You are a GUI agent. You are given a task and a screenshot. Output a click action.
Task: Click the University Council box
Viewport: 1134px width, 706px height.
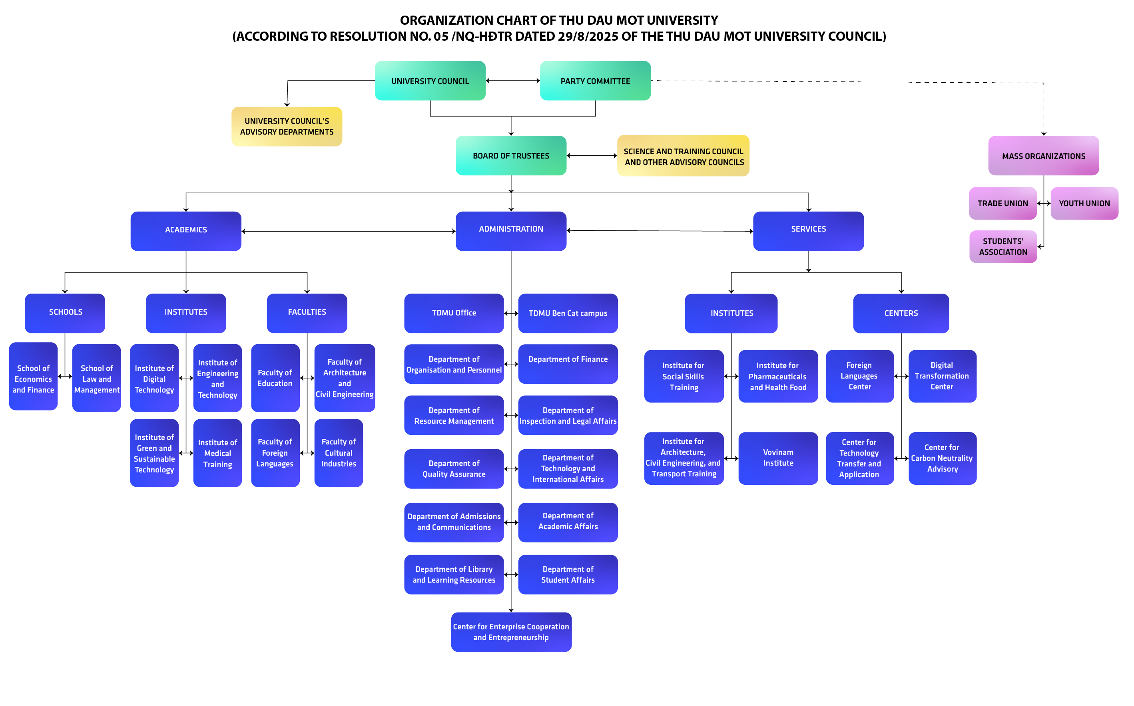click(x=430, y=81)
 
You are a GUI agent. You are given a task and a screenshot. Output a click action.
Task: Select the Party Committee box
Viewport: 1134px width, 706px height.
click(x=595, y=81)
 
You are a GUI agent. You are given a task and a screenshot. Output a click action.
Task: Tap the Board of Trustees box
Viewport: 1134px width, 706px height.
click(x=511, y=155)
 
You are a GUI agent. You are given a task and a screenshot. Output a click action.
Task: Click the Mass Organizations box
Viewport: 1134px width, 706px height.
click(x=1043, y=156)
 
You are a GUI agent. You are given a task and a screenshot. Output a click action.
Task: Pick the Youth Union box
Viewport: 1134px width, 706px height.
click(x=1084, y=203)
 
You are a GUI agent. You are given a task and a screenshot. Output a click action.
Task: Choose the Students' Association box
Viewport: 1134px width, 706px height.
click(x=1003, y=246)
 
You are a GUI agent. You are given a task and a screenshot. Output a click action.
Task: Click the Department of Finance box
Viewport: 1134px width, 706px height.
click(x=568, y=364)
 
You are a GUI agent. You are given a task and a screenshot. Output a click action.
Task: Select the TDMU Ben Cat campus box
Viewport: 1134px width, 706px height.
click(x=568, y=313)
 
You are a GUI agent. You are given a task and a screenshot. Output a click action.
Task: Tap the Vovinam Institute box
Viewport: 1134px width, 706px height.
click(x=778, y=458)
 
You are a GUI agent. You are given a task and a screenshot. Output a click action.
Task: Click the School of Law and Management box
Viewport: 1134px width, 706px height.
click(x=96, y=378)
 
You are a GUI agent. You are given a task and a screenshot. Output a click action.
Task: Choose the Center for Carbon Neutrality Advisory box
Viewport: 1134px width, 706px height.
click(x=942, y=458)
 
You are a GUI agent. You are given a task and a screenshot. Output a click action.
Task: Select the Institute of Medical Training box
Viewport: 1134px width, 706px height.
click(x=217, y=453)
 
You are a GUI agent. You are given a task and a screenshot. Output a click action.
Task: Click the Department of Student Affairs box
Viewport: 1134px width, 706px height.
click(x=568, y=574)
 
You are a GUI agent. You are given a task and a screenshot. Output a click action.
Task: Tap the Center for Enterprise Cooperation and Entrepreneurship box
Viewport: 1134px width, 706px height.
click(x=511, y=632)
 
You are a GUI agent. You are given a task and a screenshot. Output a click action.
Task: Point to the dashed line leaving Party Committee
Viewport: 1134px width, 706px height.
click(x=841, y=82)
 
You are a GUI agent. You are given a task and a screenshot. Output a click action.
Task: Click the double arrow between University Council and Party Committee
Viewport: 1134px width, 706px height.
click(x=512, y=81)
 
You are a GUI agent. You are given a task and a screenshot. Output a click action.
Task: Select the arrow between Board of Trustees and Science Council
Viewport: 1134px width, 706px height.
click(x=592, y=155)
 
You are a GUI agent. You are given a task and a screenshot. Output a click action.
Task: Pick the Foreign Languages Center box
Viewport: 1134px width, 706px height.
click(x=859, y=376)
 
